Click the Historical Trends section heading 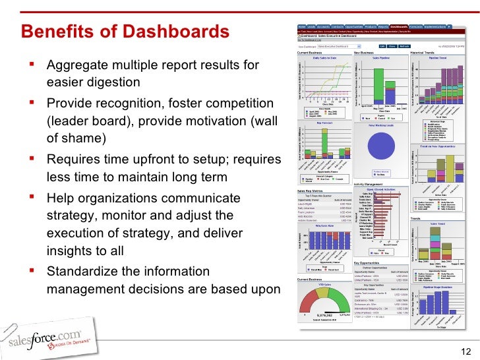[423, 53]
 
